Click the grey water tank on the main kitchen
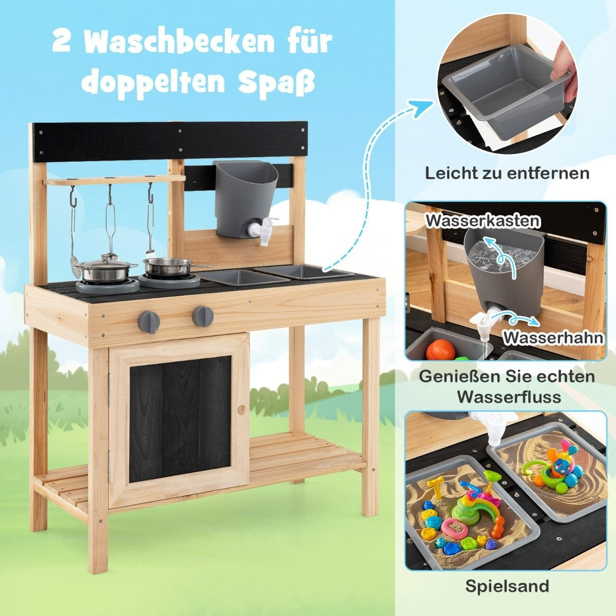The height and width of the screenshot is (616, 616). point(244,198)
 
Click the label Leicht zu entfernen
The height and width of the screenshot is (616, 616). point(507,174)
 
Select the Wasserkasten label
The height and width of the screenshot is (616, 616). point(483,221)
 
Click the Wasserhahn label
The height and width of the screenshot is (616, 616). point(553,337)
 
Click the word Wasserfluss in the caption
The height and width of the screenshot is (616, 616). point(507,397)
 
